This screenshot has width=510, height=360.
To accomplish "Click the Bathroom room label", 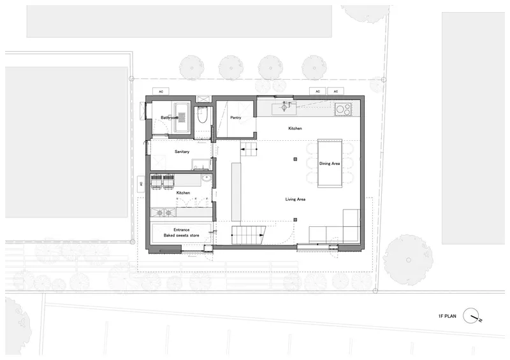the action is coord(170,117).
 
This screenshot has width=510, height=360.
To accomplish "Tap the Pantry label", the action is coord(235,117).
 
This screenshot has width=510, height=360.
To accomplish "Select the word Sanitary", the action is coord(182,152).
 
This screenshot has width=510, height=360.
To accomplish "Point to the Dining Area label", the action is coord(330,164).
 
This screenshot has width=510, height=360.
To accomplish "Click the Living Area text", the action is coord(295,199).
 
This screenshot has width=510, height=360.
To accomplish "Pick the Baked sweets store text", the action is coord(181,235).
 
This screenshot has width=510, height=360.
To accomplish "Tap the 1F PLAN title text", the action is coord(448,316).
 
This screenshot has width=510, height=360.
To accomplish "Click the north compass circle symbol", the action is coord(471,316).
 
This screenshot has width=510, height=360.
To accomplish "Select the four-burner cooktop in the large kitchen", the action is coord(343,109).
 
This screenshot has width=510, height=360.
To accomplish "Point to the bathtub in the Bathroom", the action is coord(182,117).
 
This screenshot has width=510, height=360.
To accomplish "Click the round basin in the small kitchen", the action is coord(206,178).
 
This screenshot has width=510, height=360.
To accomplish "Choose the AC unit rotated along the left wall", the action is coord(141,184).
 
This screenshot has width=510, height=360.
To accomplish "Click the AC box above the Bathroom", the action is coord(161,91).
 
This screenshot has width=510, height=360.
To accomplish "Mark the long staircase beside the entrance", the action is coord(249,235).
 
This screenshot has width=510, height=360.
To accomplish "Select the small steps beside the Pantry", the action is coord(249,149).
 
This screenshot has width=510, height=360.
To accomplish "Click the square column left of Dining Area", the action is coord(295,159).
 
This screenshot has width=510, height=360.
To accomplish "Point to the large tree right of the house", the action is coord(408,260).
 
